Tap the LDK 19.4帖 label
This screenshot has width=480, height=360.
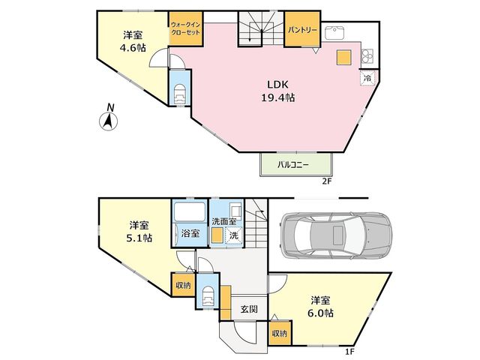pyautogui.click(x=277, y=91)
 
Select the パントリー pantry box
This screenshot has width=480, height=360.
pyautogui.click(x=302, y=29)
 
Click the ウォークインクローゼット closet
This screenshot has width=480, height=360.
pyautogui.click(x=186, y=28)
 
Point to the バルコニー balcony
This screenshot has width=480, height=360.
pyautogui.click(x=296, y=165)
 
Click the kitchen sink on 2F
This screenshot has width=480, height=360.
pyautogui.click(x=334, y=33)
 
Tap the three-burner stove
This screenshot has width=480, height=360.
pyautogui.click(x=368, y=55)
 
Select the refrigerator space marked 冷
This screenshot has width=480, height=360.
pyautogui.click(x=367, y=78)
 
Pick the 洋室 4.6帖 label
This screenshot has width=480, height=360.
pyautogui.click(x=133, y=41)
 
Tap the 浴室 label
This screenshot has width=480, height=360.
pyautogui.click(x=190, y=233)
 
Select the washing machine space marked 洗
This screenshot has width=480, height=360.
pyautogui.click(x=233, y=235)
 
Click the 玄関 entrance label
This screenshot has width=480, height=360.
pyautogui.click(x=248, y=309)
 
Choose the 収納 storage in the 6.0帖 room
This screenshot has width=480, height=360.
pyautogui.click(x=280, y=333)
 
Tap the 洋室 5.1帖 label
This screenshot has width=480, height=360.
pyautogui.click(x=139, y=232)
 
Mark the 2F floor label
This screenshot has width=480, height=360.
pyautogui.click(x=327, y=181)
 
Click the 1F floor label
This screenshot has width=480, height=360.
pyautogui.click(x=349, y=352)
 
